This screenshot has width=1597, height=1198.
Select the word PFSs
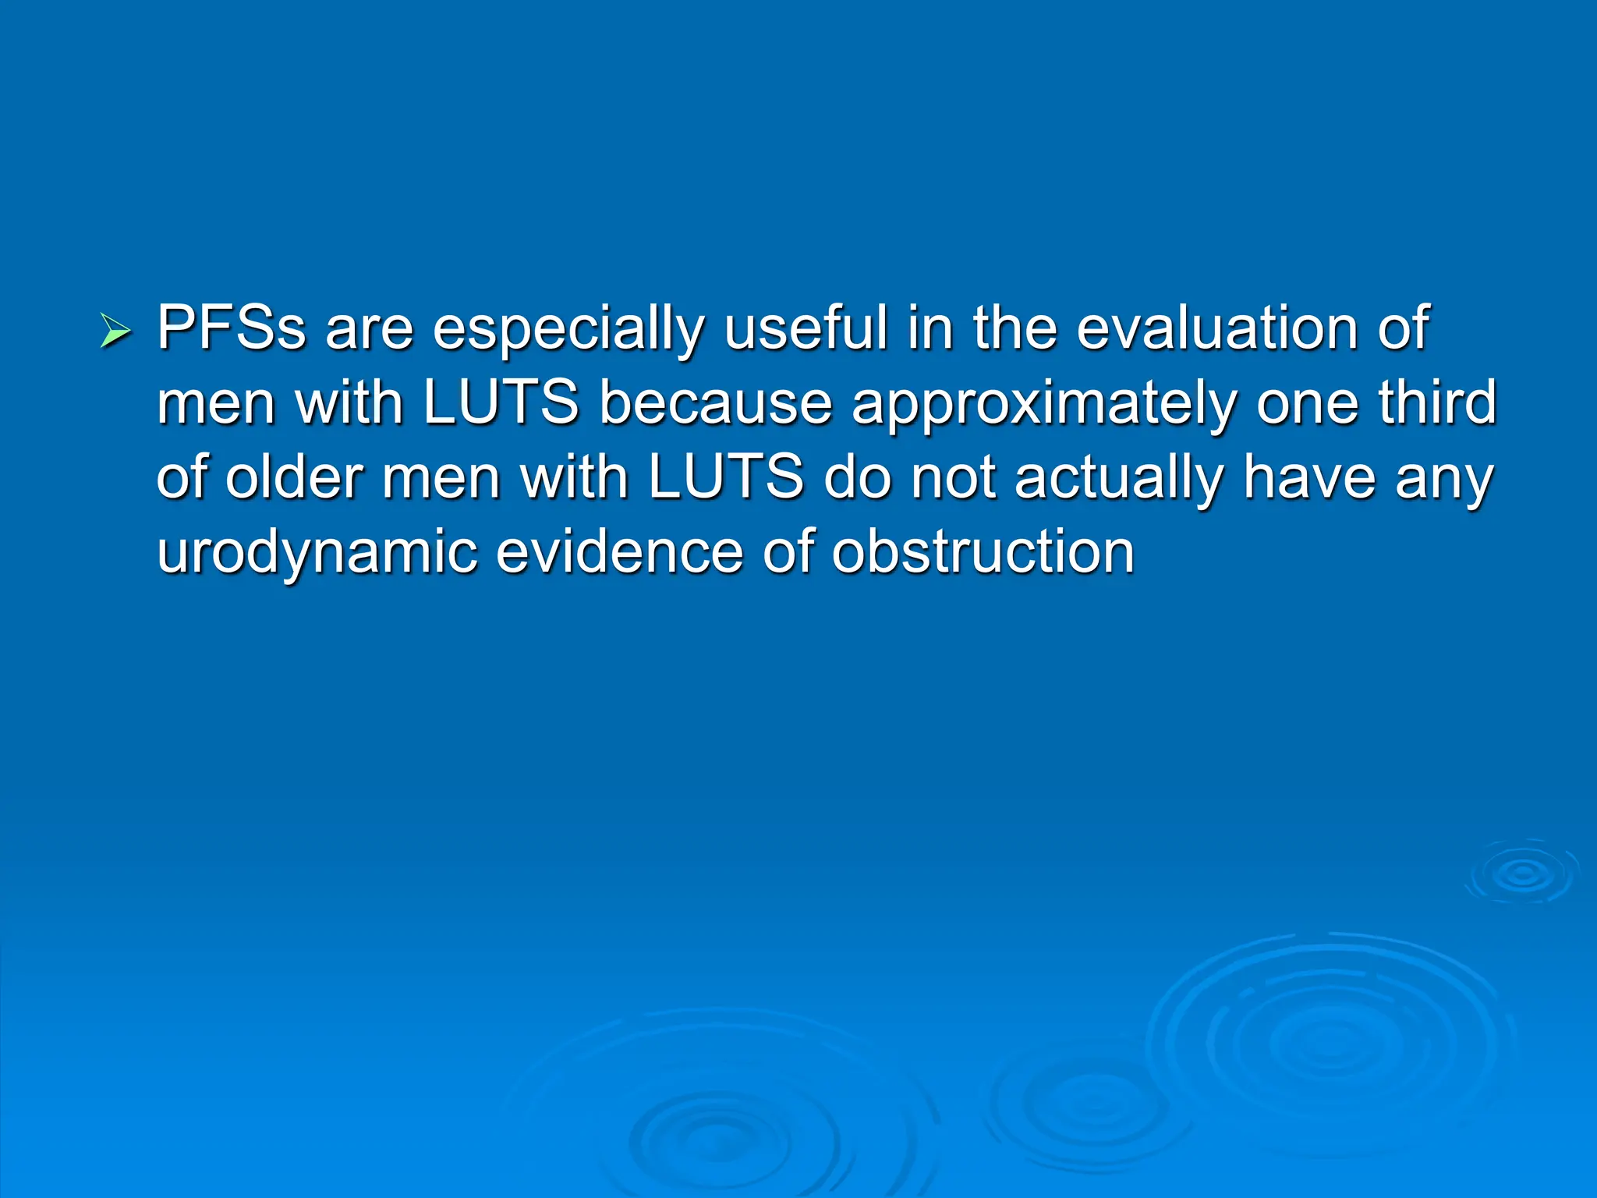click(x=231, y=328)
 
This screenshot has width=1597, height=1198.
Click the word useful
click(x=806, y=328)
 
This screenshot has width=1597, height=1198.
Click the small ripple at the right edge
click(x=1522, y=874)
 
